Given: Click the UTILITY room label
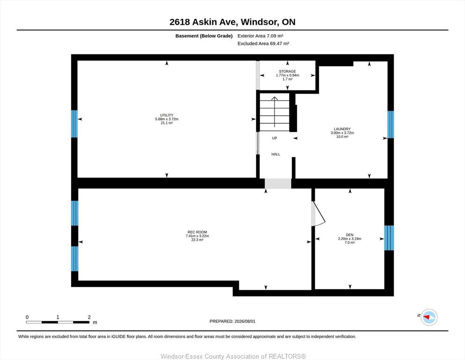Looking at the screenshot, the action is pyautogui.click(x=167, y=115).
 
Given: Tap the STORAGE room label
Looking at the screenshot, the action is pyautogui.click(x=288, y=71).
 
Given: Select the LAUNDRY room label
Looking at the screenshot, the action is pyautogui.click(x=342, y=129).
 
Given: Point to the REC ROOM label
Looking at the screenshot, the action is pyautogui.click(x=197, y=232).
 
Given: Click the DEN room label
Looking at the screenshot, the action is pyautogui.click(x=350, y=235).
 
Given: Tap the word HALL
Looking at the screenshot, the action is pyautogui.click(x=276, y=154).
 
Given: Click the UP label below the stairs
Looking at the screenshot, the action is pyautogui.click(x=274, y=138).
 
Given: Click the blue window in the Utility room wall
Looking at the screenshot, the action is pyautogui.click(x=74, y=124).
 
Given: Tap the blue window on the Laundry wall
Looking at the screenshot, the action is pyautogui.click(x=391, y=124).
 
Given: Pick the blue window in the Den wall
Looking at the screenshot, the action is pyautogui.click(x=389, y=238).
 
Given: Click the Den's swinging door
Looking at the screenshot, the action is pyautogui.click(x=318, y=214).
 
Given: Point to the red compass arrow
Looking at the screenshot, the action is pyautogui.click(x=427, y=317).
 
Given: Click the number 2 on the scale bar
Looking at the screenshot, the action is pyautogui.click(x=89, y=317).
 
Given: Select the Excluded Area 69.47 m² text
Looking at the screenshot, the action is pyautogui.click(x=263, y=43).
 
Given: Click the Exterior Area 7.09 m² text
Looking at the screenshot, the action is pyautogui.click(x=260, y=36).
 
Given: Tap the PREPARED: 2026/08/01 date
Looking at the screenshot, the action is pyautogui.click(x=232, y=321).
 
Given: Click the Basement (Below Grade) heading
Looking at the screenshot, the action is pyautogui.click(x=204, y=36).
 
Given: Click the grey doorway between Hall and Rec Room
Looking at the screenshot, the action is pyautogui.click(x=278, y=183).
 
